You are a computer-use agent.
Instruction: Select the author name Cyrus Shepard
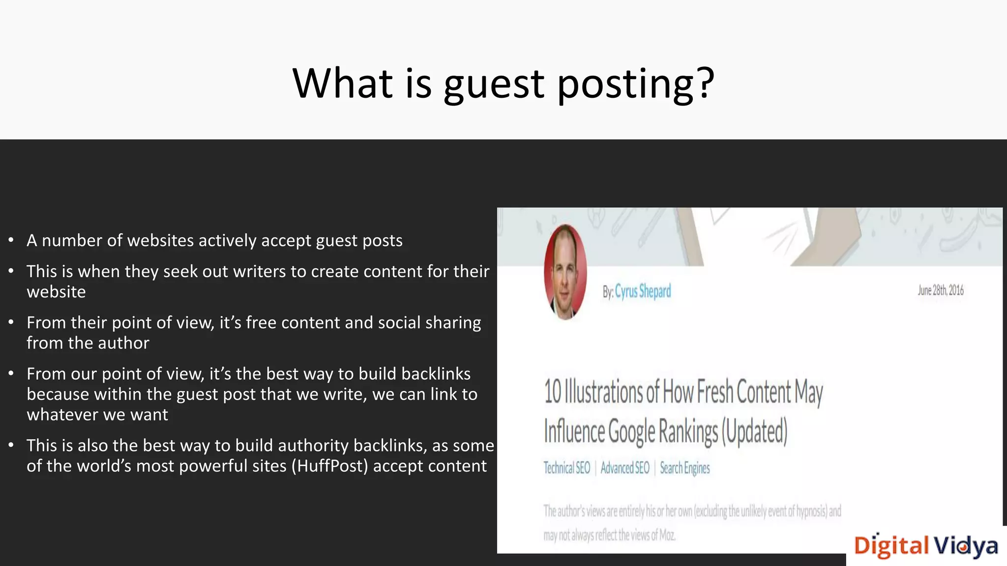click(x=643, y=291)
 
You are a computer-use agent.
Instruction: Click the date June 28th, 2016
click(x=940, y=290)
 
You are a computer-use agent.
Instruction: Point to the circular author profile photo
click(x=565, y=272)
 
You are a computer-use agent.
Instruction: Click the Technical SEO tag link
click(x=566, y=468)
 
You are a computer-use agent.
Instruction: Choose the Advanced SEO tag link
click(x=625, y=468)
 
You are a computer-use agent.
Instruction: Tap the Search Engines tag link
click(x=684, y=468)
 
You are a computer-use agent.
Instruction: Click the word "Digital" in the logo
click(x=891, y=546)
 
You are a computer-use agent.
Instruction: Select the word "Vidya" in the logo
click(x=966, y=546)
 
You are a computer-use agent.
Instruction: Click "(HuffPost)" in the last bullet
click(x=329, y=466)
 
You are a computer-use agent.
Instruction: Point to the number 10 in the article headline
click(x=553, y=392)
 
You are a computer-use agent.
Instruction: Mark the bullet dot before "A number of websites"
click(x=11, y=241)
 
